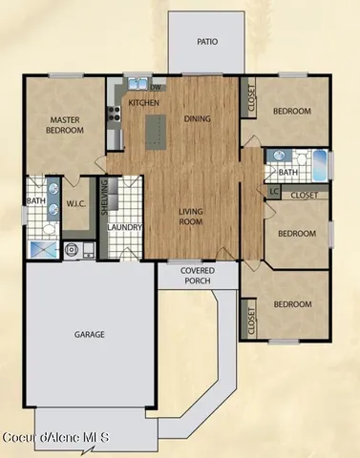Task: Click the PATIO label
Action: [206, 42]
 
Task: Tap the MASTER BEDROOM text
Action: [64, 126]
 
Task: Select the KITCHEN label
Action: [143, 102]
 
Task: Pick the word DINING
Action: [198, 120]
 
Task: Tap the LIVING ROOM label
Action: [192, 217]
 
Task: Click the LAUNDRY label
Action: [125, 228]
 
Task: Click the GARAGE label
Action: [90, 335]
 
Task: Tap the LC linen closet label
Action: [274, 192]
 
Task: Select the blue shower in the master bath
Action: [42, 247]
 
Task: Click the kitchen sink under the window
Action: [137, 82]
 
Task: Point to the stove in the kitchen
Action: [114, 114]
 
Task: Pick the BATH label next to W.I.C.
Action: [35, 201]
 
